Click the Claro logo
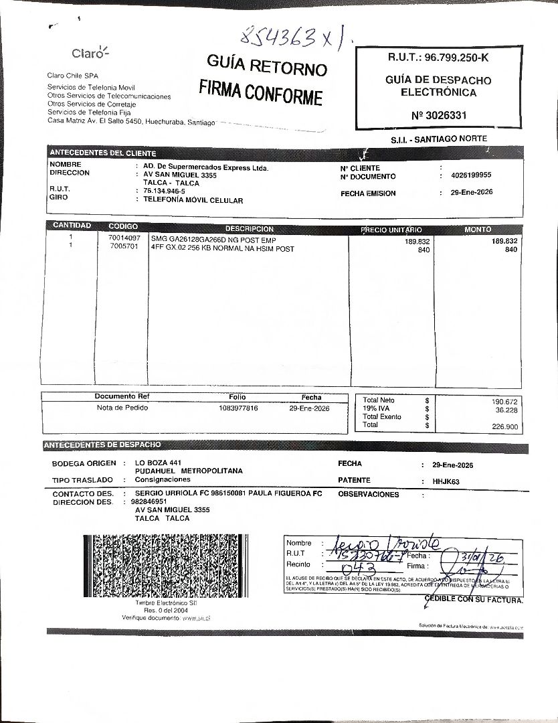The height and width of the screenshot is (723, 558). point(90,53)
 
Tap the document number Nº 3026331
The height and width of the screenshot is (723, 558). point(439,115)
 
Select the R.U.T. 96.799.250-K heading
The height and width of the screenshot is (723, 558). point(438,58)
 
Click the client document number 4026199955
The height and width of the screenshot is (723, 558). point(471,175)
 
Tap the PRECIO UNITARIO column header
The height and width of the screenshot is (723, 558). point(391,230)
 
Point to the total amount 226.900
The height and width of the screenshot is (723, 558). point(504,426)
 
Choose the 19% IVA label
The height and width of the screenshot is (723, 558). point(379,408)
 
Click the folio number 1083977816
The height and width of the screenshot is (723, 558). point(238,408)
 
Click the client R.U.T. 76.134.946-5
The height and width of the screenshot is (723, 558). point(160,191)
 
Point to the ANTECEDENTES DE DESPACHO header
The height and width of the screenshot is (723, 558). point(102,445)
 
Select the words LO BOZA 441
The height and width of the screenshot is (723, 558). point(158,463)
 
